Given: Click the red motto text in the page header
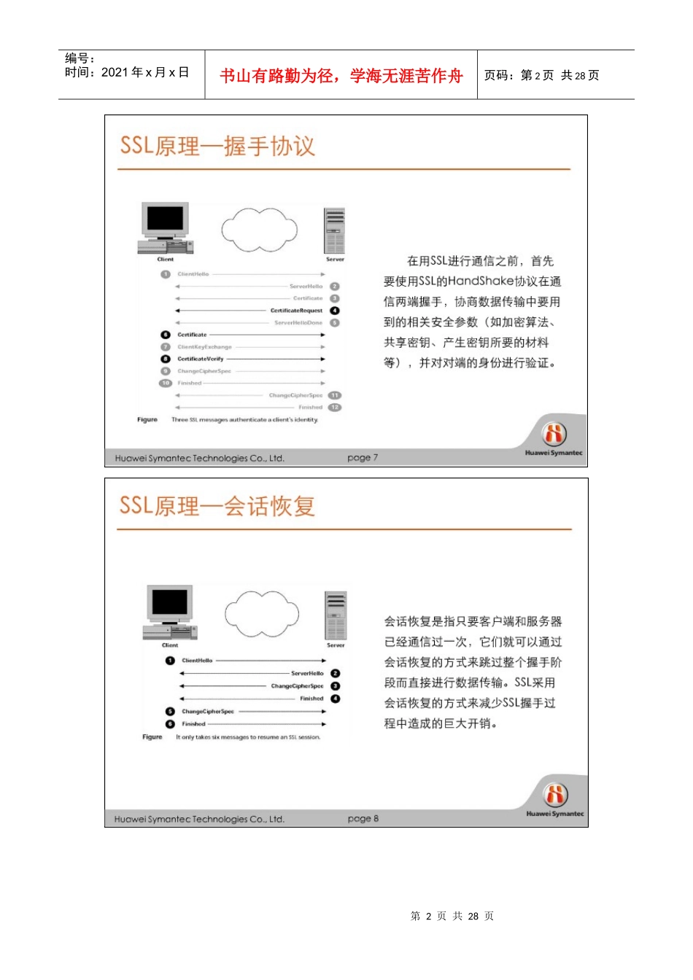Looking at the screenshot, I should pyautogui.click(x=341, y=76).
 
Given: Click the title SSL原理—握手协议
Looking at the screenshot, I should pyautogui.click(x=217, y=146).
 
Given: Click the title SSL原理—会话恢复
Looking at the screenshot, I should pyautogui.click(x=217, y=505).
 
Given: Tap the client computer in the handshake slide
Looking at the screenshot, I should pyautogui.click(x=165, y=228).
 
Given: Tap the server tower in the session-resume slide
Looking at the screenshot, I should pyautogui.click(x=336, y=616).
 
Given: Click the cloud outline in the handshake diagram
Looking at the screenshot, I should pyautogui.click(x=260, y=229).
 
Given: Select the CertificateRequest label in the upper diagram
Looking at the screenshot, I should pyautogui.click(x=296, y=311).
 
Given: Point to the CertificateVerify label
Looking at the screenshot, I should pyautogui.click(x=201, y=359).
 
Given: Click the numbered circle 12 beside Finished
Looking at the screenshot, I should pyautogui.click(x=335, y=408).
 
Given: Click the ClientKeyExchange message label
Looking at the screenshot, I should pyautogui.click(x=204, y=347).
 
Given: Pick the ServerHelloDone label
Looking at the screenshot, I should pyautogui.click(x=298, y=322).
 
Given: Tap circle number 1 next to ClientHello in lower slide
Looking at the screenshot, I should pyautogui.click(x=170, y=661).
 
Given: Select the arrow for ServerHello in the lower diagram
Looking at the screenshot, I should pyautogui.click(x=233, y=674).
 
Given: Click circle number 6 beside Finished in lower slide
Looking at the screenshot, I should pyautogui.click(x=170, y=724).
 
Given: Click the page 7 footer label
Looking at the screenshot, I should pyautogui.click(x=363, y=458).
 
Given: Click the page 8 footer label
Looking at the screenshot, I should pyautogui.click(x=363, y=819).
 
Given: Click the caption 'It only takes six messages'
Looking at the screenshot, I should pyautogui.click(x=248, y=737).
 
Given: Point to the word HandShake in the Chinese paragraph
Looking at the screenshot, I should pyautogui.click(x=481, y=281).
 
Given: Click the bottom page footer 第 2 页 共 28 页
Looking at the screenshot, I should pyautogui.click(x=452, y=916).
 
